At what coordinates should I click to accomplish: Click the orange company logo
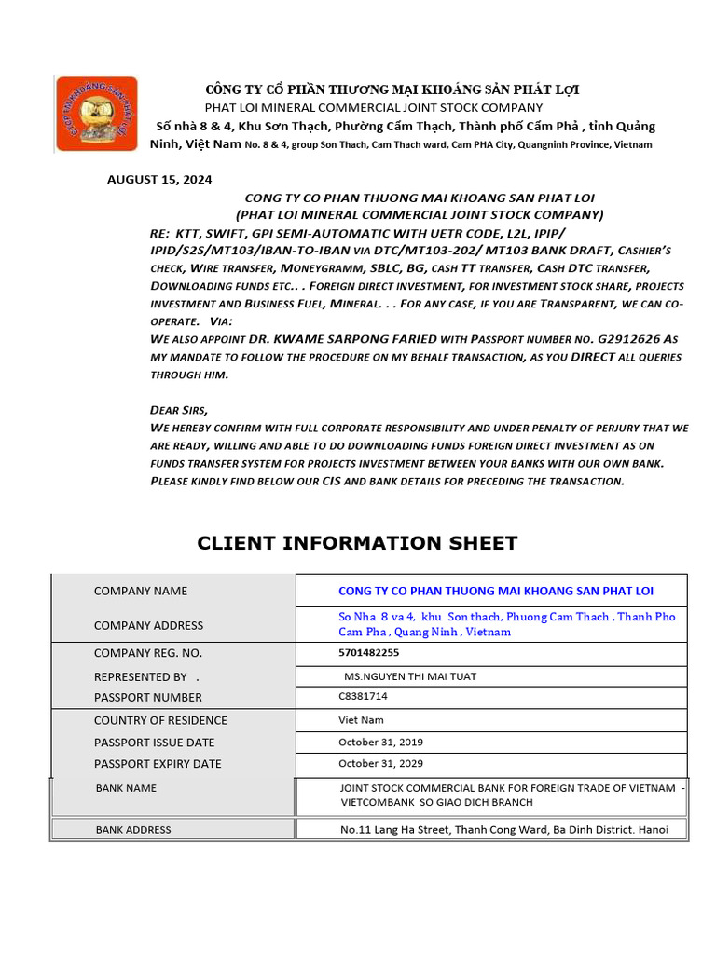[97, 114]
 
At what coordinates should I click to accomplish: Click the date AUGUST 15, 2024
[159, 179]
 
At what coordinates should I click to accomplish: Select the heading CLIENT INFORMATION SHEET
[357, 543]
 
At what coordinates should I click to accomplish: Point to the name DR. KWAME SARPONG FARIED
[329, 339]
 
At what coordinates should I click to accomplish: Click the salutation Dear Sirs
[179, 410]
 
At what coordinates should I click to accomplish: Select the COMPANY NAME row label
[141, 591]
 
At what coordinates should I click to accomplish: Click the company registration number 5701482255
[368, 652]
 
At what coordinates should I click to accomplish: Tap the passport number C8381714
[363, 696]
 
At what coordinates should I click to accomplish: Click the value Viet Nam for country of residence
[361, 720]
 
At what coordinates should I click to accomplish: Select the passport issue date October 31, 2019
[380, 743]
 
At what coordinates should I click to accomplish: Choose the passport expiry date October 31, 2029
[380, 763]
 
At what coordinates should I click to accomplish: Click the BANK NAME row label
[126, 788]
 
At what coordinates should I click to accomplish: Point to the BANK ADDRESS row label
[133, 829]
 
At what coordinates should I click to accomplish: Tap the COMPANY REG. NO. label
[148, 653]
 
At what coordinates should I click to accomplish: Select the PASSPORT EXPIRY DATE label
[158, 764]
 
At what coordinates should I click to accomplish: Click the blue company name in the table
[496, 591]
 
